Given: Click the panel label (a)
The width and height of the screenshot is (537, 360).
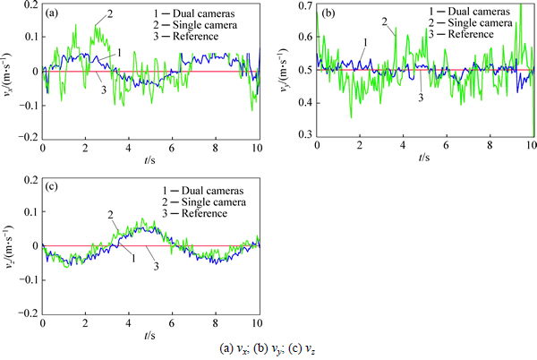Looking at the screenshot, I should point(54,13).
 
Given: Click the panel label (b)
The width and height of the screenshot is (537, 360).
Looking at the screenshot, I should point(328,13).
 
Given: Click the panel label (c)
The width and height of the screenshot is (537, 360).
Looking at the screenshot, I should point(54,186).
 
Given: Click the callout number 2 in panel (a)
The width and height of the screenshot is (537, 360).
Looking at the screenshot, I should point(110,14).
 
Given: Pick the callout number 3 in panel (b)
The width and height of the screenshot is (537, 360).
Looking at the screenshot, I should point(421,96).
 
